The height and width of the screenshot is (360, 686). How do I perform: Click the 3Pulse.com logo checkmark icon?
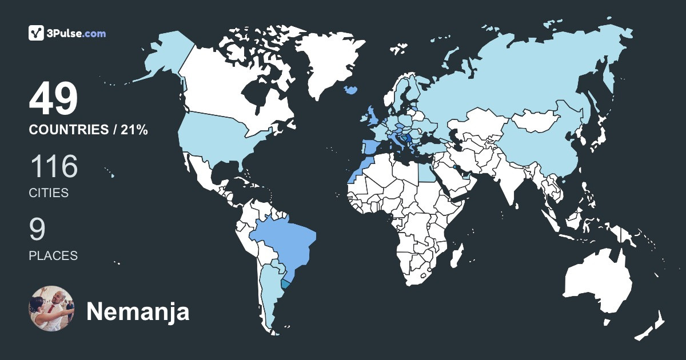point(37,33)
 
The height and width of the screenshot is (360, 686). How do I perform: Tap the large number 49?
point(53,100)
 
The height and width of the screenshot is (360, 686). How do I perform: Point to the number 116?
point(53,167)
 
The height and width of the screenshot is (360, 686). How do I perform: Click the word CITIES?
point(49,193)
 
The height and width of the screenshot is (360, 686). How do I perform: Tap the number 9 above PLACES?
point(37,230)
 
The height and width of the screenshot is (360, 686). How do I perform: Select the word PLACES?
point(53,256)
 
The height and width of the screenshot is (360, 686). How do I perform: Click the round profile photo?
point(51,309)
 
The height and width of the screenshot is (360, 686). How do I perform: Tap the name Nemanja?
point(138,312)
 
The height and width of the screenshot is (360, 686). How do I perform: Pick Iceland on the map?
point(351,90)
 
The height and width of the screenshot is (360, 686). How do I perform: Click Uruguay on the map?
point(287,283)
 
